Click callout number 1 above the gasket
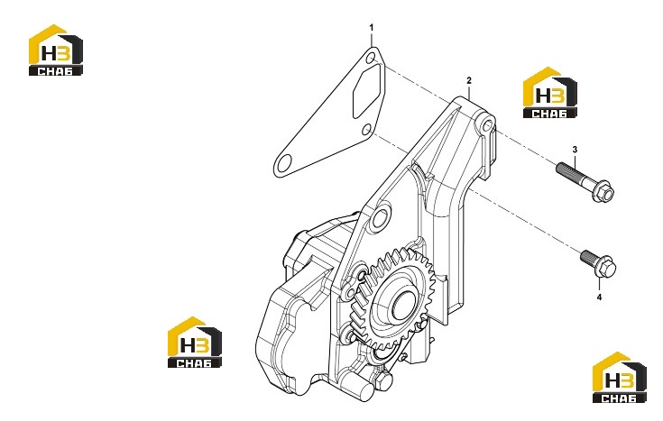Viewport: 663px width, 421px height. [x=372, y=27]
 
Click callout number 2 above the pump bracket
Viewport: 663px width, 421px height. [x=468, y=80]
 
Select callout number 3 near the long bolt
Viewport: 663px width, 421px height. [x=575, y=150]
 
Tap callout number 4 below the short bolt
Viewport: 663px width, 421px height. [x=599, y=297]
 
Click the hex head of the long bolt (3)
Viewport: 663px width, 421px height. [x=603, y=193]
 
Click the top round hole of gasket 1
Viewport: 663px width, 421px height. [x=371, y=59]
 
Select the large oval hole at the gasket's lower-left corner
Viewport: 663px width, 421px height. [x=284, y=161]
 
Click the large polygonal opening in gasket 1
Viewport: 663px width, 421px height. [x=367, y=91]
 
